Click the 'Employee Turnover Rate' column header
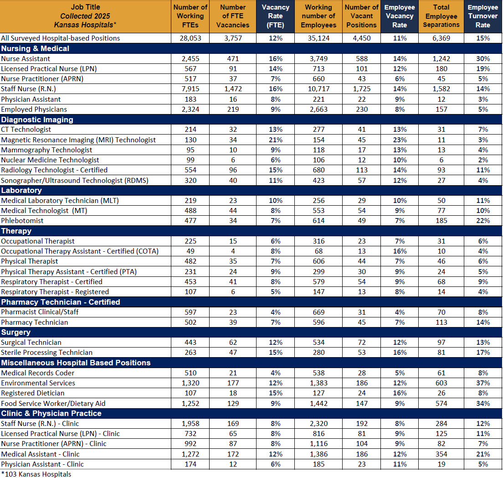coord(482,16)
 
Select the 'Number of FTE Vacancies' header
coord(232,16)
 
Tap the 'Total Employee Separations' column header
coord(441,16)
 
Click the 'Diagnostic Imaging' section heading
coord(37,119)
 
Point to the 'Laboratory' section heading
coord(21,190)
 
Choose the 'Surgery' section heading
coord(16,333)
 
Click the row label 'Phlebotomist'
coord(22,221)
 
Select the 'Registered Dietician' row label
coord(33,393)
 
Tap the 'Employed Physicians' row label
coord(34,109)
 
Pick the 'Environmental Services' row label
coord(38,383)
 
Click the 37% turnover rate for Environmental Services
coord(482,383)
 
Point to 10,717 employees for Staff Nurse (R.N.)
coord(318,89)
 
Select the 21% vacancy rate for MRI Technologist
coord(275,140)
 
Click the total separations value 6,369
coord(441,38)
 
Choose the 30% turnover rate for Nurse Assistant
coord(482,59)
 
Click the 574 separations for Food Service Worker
coord(441,403)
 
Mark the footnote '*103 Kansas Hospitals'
coord(36,474)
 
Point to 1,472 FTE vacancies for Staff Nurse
coord(232,89)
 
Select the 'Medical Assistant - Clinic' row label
coord(40,454)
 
